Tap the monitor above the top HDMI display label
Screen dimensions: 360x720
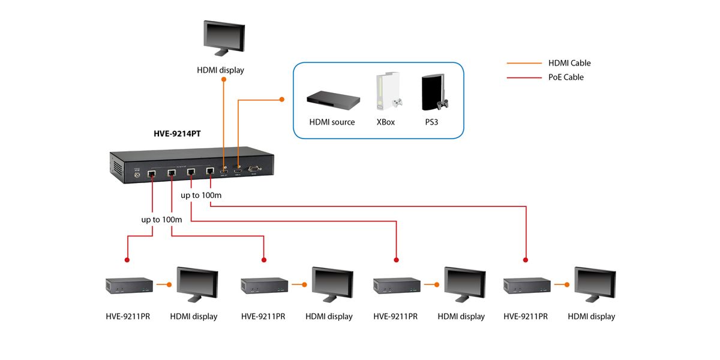(224, 39)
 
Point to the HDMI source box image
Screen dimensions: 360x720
(333, 100)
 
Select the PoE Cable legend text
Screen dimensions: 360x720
(566, 77)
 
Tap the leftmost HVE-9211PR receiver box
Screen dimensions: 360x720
(128, 286)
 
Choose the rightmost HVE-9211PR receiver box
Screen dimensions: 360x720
(526, 286)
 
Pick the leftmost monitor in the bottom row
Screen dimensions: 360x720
(197, 284)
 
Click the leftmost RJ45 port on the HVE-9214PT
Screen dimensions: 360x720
(152, 173)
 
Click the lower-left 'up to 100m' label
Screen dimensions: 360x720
(161, 220)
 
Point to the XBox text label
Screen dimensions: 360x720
(386, 122)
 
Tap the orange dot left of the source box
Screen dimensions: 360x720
(282, 99)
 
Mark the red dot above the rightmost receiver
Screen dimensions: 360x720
(526, 260)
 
